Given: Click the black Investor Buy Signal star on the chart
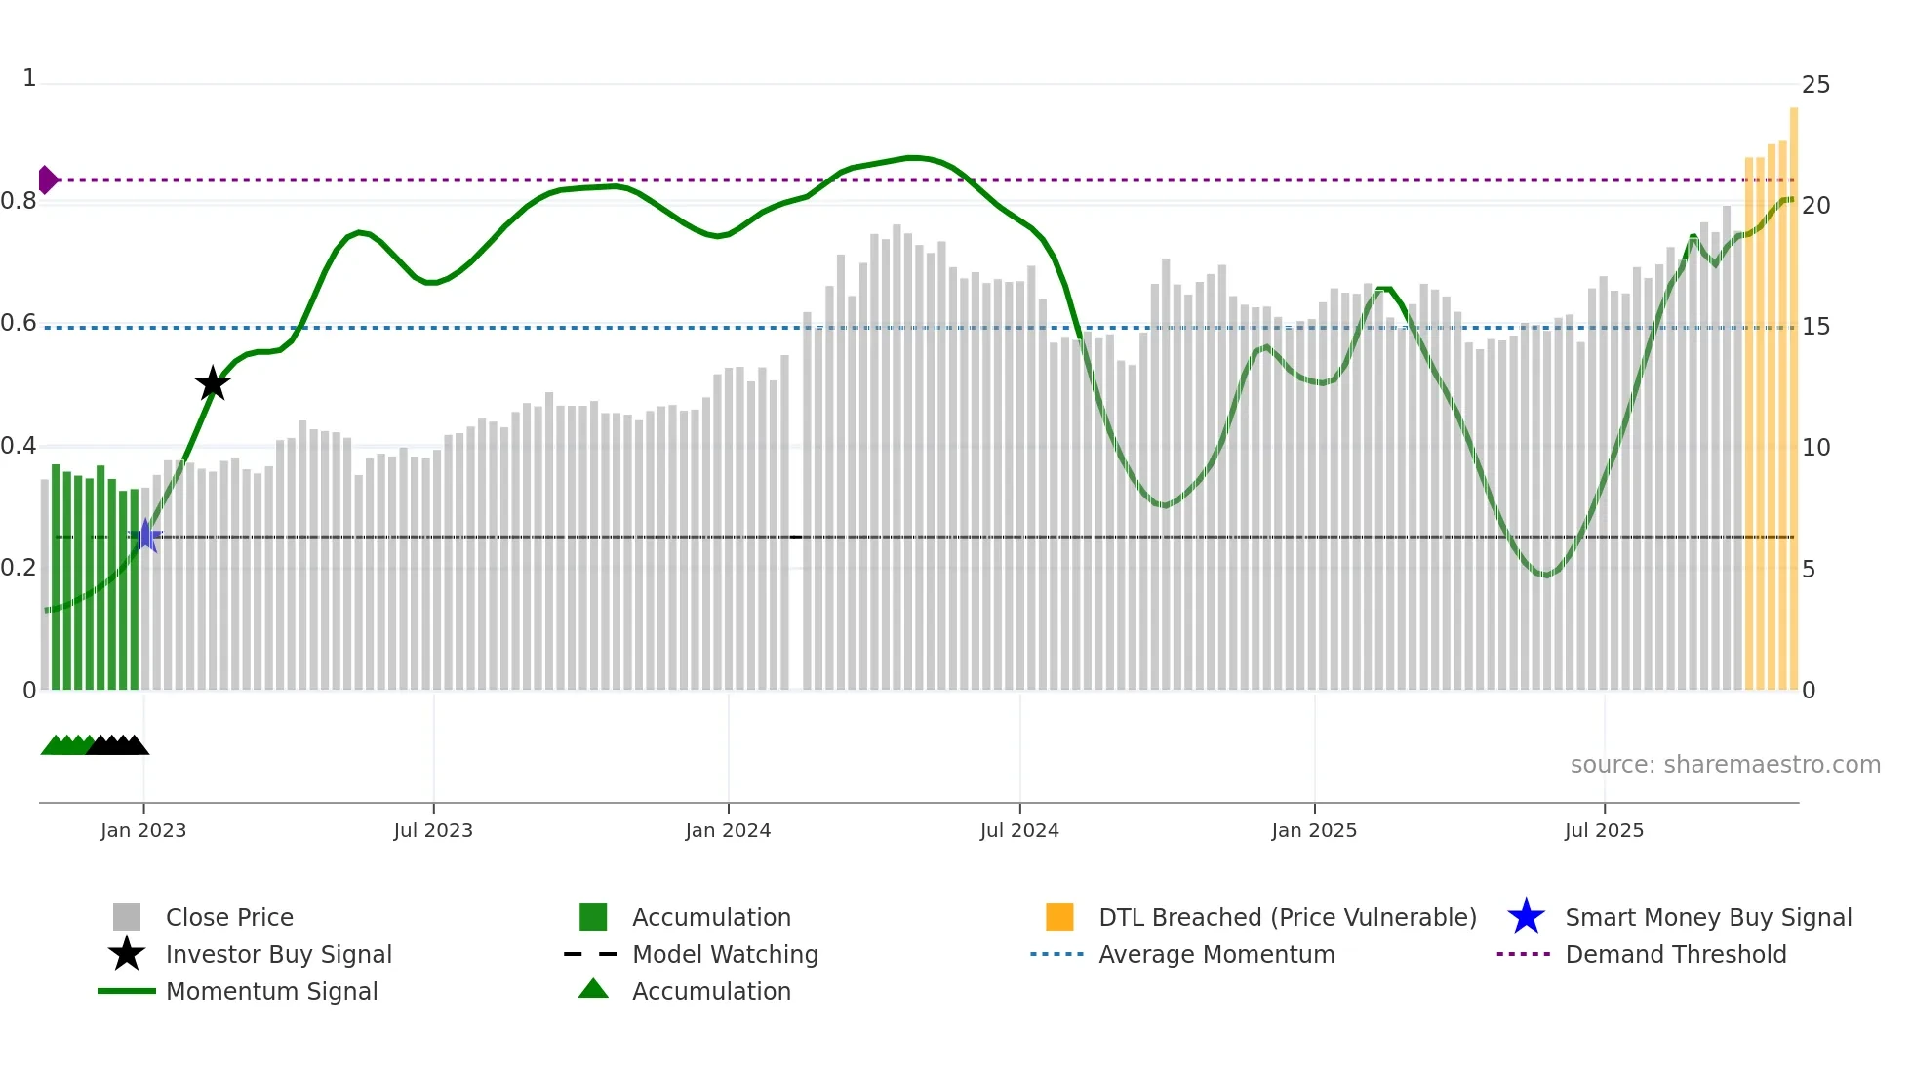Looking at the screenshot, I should (213, 383).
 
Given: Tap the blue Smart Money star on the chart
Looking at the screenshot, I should (145, 536).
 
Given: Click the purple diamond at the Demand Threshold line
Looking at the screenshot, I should (47, 179).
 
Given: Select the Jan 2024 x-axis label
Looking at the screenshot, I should (728, 830).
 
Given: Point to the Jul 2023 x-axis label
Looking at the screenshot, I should (433, 830).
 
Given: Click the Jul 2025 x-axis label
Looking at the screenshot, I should (1604, 830).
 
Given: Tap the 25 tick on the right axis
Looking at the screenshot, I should (1815, 85).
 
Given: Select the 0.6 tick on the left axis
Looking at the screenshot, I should (19, 323).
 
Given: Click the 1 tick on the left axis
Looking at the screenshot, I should (29, 78).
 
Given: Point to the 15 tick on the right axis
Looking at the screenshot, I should (1815, 327).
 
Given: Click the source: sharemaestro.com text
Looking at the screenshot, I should (1725, 764).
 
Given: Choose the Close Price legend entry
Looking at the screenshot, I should (229, 917).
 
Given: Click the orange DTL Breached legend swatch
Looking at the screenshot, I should (1059, 917).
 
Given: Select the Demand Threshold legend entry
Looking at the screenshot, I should (1675, 954).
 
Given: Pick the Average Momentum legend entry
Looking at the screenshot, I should (1216, 954).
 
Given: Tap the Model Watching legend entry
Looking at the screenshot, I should (724, 954).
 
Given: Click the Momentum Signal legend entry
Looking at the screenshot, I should (271, 991).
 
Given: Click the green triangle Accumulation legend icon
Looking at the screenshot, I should (593, 989).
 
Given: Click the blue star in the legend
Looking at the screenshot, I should (1526, 917).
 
